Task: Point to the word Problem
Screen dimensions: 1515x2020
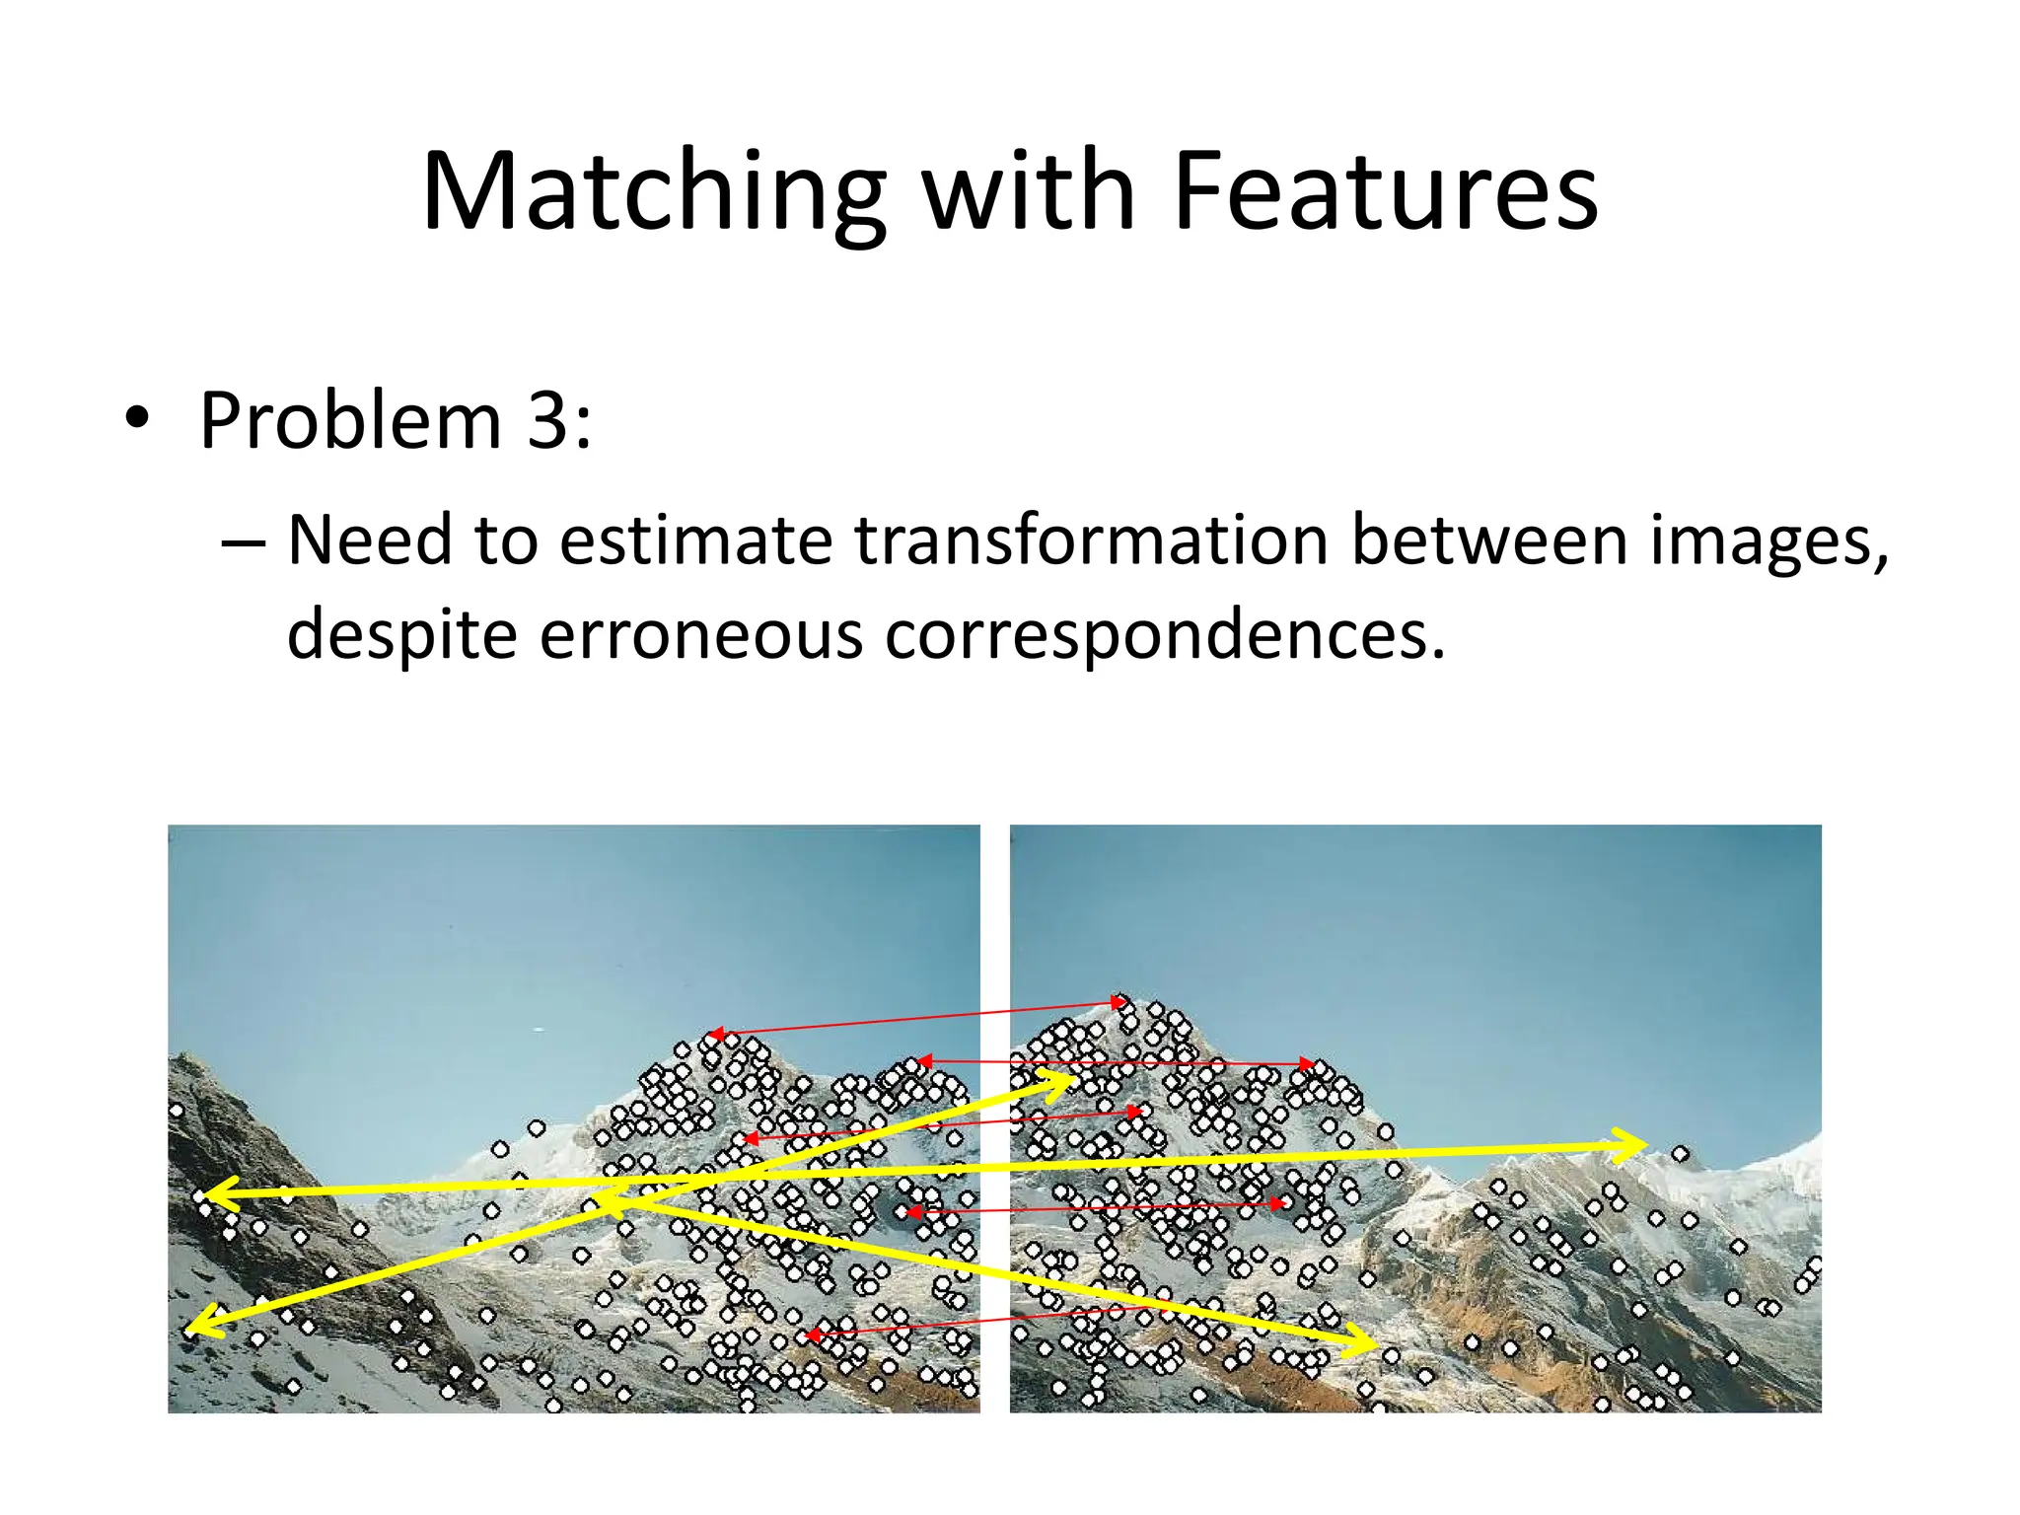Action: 351,421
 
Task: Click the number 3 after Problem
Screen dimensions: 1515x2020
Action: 547,421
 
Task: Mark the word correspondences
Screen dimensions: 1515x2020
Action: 1164,634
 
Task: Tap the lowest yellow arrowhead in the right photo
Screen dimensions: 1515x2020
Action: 1367,1343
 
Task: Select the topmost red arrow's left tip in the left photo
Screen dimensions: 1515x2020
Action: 714,1035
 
